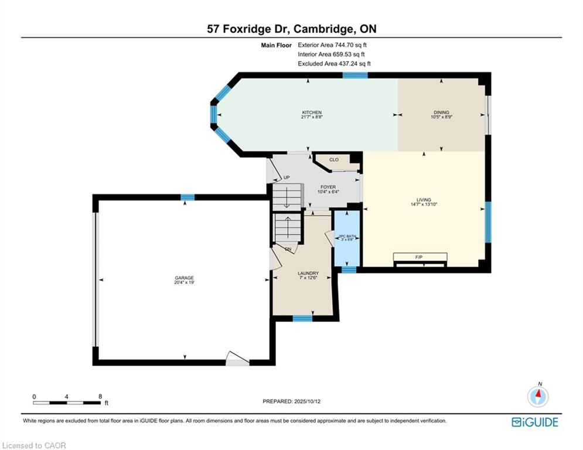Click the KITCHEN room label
(312, 112)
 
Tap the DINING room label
(441, 112)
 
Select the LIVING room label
(424, 200)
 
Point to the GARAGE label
(185, 278)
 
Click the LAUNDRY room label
(308, 273)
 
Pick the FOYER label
(328, 187)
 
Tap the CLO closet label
(334, 159)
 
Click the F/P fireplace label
(419, 257)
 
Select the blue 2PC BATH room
(347, 238)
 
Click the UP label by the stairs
(287, 178)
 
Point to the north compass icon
(538, 397)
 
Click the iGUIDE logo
(535, 422)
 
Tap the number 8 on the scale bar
(100, 397)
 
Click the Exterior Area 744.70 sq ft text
(332, 45)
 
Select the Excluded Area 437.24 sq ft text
(334, 64)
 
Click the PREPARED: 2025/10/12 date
(292, 401)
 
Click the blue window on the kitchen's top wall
(355, 75)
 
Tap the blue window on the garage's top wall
(187, 197)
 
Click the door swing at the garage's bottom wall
(237, 359)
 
